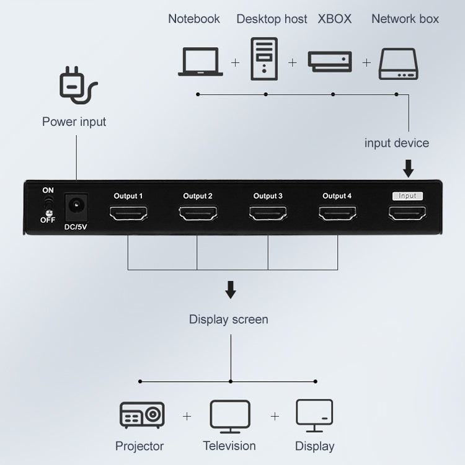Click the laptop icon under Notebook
click(200, 62)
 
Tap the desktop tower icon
click(265, 59)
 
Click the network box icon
click(398, 64)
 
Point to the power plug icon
click(77, 86)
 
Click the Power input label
click(74, 122)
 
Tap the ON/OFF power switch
click(47, 205)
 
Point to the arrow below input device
click(408, 168)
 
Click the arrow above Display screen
click(230, 290)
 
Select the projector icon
click(141, 416)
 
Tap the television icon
click(230, 416)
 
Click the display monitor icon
click(314, 416)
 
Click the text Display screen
click(229, 320)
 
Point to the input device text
click(396, 143)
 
